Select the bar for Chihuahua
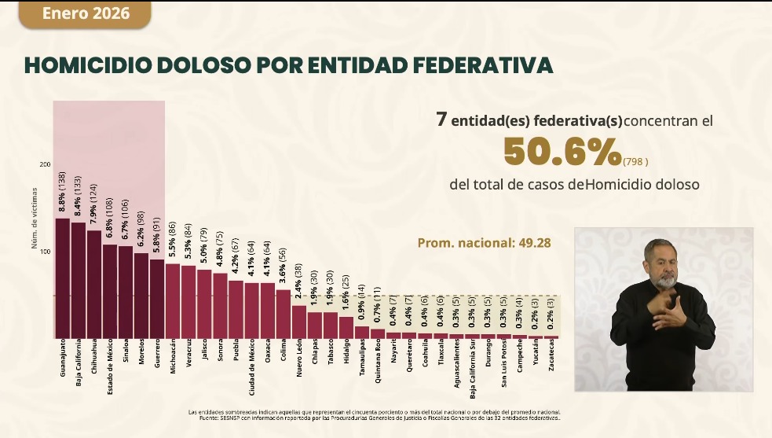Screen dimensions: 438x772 pos(94,284)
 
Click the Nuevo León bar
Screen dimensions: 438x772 pos(299,321)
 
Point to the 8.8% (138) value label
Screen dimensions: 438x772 pos(63,195)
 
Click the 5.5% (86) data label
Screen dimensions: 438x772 pos(173,241)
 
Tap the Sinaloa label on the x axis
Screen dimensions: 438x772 pos(126,354)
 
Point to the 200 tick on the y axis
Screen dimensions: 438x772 pos(45,164)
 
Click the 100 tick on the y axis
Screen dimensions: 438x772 pos(45,252)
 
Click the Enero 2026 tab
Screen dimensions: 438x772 pos(86,14)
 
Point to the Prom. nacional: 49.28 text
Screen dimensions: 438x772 pos(484,243)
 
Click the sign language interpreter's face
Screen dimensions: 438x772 pos(663,266)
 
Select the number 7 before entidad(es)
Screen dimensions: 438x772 pos(442,120)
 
